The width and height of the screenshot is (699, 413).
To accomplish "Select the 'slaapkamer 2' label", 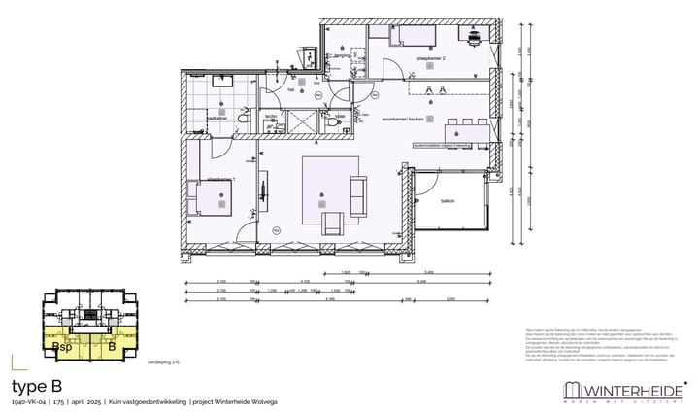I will pos(431,59).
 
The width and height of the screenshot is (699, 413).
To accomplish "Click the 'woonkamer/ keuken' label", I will pos(398,120).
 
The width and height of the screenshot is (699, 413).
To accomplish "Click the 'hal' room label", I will pos(288,88).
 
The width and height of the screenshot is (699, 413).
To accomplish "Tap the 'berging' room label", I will pos(341,56).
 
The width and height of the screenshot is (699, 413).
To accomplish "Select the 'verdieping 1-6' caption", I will pos(162,361).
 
